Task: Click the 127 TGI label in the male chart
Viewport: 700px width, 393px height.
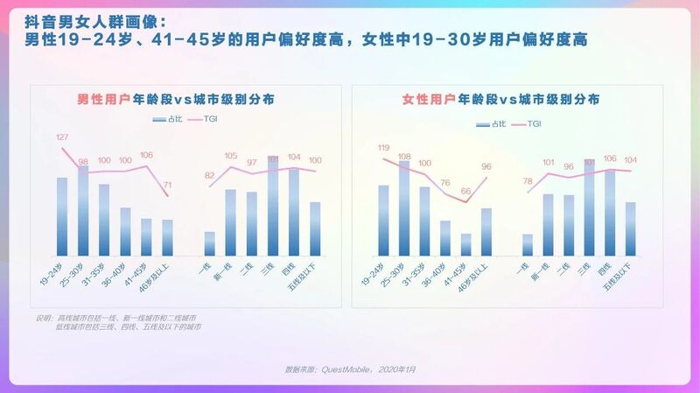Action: click(62, 137)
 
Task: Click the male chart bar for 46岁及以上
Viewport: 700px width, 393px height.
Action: click(168, 237)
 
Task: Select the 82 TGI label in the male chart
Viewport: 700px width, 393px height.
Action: click(209, 176)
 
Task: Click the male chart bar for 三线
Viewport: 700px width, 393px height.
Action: click(274, 207)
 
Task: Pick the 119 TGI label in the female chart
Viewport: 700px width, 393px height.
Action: click(382, 148)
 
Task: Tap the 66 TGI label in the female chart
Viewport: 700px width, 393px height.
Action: click(465, 191)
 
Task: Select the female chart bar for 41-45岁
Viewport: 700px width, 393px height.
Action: click(465, 244)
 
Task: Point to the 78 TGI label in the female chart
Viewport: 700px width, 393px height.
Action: click(528, 181)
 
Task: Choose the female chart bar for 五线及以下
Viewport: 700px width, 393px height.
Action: click(630, 228)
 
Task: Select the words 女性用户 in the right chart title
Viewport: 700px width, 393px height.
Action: click(429, 100)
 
